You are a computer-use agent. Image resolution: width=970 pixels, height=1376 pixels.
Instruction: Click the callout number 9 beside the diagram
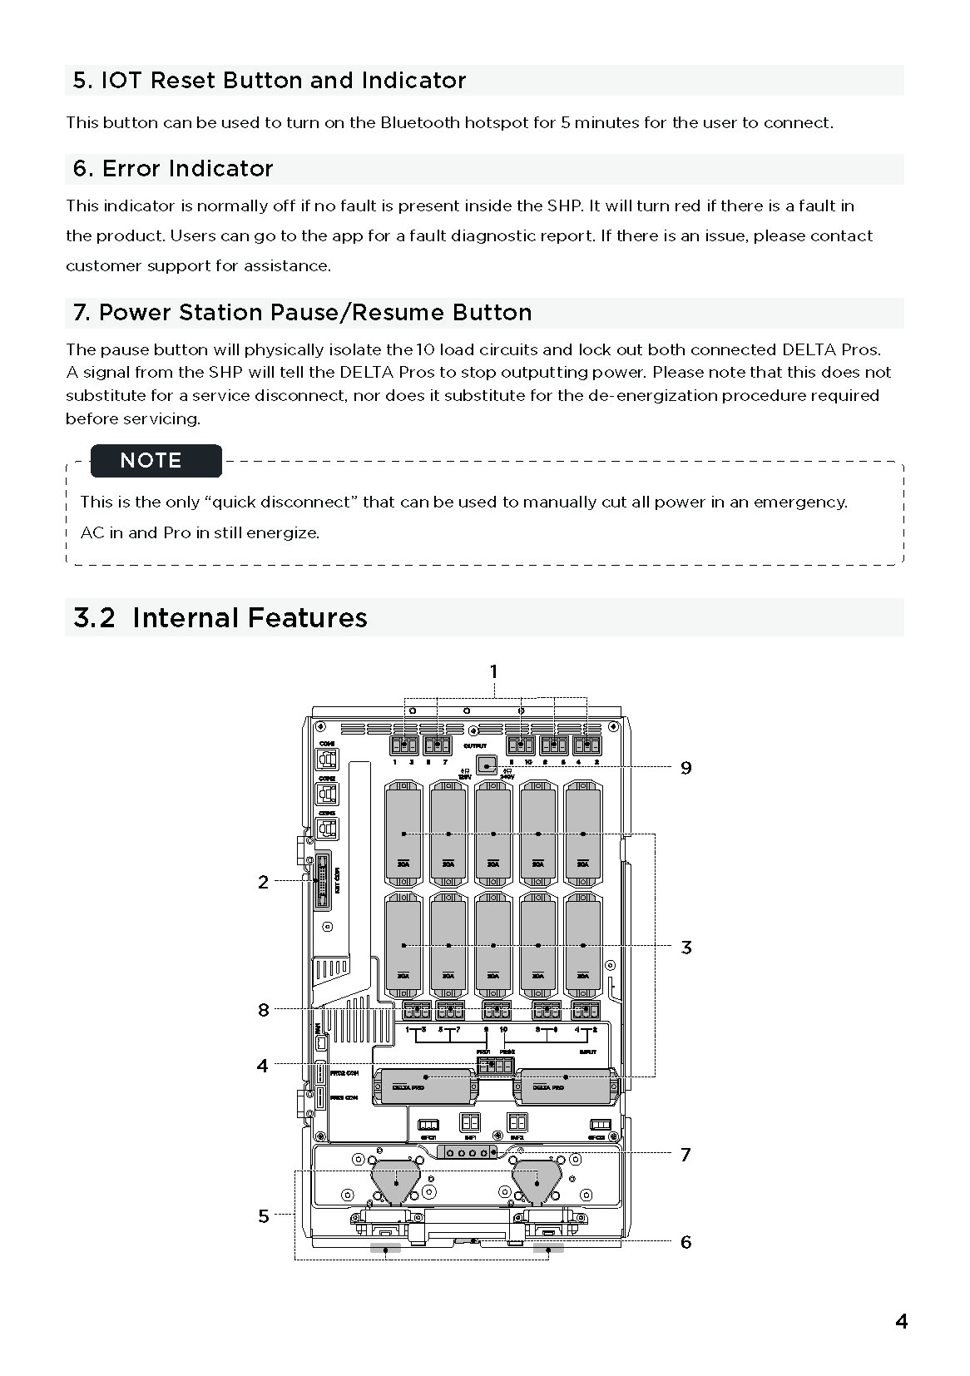click(685, 768)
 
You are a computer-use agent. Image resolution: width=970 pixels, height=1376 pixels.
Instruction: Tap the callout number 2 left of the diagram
click(263, 882)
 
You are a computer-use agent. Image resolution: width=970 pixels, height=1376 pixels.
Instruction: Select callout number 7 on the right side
click(685, 1154)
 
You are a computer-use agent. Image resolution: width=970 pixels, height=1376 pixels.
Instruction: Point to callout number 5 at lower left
click(263, 1216)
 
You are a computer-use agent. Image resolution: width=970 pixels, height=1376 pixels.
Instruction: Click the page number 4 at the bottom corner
click(901, 1321)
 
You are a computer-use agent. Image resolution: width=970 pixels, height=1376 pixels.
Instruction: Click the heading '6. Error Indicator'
click(173, 169)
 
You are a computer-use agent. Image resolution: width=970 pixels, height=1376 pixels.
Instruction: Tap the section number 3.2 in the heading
click(94, 618)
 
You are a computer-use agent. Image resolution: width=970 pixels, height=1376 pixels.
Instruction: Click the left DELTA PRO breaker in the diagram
click(423, 1086)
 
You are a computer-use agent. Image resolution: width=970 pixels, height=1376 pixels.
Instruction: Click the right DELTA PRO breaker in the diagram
click(566, 1086)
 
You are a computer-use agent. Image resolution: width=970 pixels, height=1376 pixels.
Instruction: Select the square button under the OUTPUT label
click(486, 765)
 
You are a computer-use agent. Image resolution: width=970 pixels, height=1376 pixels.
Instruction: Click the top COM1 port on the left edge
click(327, 759)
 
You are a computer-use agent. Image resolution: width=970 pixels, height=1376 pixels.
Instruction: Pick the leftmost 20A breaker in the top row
click(403, 832)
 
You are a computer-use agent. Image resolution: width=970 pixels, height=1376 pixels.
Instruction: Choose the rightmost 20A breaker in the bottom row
click(583, 945)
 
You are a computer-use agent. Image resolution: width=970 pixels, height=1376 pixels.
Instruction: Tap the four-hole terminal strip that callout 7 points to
click(467, 1152)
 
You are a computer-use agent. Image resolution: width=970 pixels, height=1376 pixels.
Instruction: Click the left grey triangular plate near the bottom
click(397, 1181)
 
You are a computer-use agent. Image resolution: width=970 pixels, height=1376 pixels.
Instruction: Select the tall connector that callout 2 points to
click(321, 880)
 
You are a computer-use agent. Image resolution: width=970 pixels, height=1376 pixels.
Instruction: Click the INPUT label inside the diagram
click(587, 1052)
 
